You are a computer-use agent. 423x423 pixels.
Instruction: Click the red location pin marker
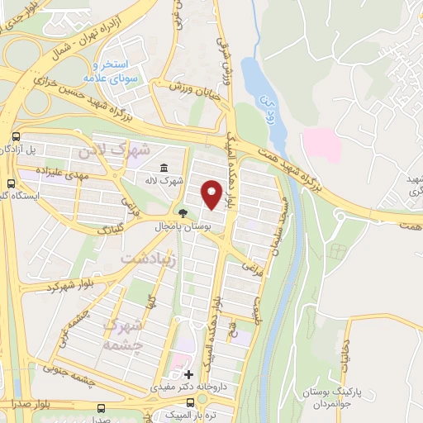pos(212,194)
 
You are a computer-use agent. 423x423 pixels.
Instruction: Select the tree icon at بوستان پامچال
pos(182,212)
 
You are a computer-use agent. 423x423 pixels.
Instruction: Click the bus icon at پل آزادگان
pos(17,137)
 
